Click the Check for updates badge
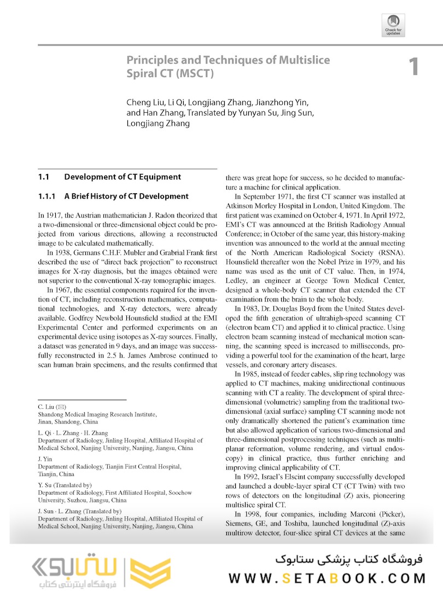[x=393, y=25]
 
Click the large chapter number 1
[x=413, y=66]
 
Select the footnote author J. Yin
[x=44, y=459]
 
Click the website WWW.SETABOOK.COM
[x=327, y=578]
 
